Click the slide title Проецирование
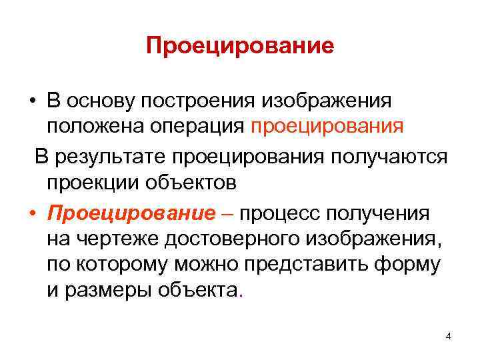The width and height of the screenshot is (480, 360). click(240, 46)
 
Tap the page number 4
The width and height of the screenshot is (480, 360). click(448, 336)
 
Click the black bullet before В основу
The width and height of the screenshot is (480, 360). click(32, 101)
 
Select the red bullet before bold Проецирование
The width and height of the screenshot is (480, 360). click(32, 215)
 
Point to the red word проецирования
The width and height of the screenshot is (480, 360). click(327, 126)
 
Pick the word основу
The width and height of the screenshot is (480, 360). click(99, 101)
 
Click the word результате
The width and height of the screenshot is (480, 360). click(110, 157)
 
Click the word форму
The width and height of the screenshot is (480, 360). click(413, 264)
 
